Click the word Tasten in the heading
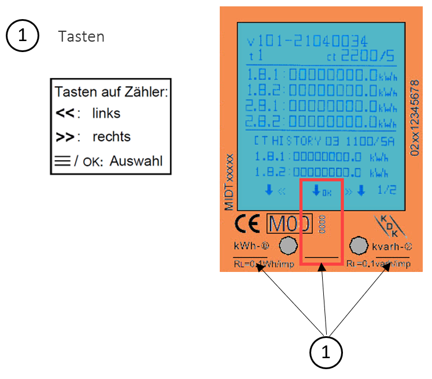[x=81, y=36]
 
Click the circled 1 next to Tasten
[x=23, y=36]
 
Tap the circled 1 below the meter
[x=326, y=351]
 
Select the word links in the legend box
[x=106, y=113]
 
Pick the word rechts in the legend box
[x=111, y=137]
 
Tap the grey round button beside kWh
[x=287, y=246]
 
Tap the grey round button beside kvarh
[x=359, y=246]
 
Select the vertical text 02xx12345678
[x=413, y=116]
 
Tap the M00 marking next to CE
[x=289, y=223]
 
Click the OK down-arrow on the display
[x=321, y=190]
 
